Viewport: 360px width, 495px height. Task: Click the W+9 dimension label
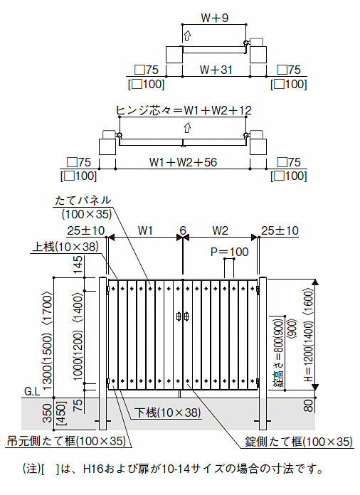point(214,18)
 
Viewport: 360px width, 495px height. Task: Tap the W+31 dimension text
point(216,70)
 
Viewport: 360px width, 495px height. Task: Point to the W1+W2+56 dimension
point(183,162)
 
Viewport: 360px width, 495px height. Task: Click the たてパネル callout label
point(83,200)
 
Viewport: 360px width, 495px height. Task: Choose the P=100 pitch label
point(230,252)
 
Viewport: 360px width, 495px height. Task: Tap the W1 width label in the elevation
point(145,230)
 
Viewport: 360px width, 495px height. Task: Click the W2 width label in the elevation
point(220,230)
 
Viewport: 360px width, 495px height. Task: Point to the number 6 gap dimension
point(183,230)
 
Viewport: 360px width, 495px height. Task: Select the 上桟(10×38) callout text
point(65,247)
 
